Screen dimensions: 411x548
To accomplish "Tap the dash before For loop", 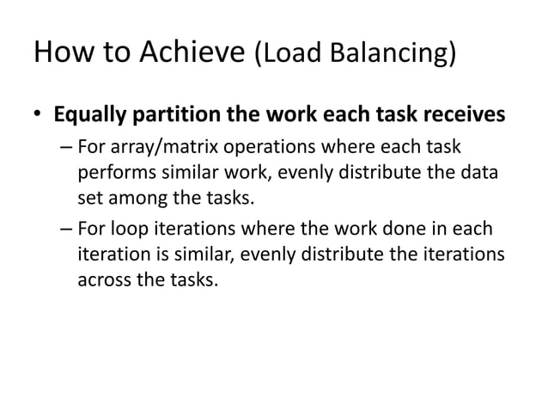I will (x=67, y=233).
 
